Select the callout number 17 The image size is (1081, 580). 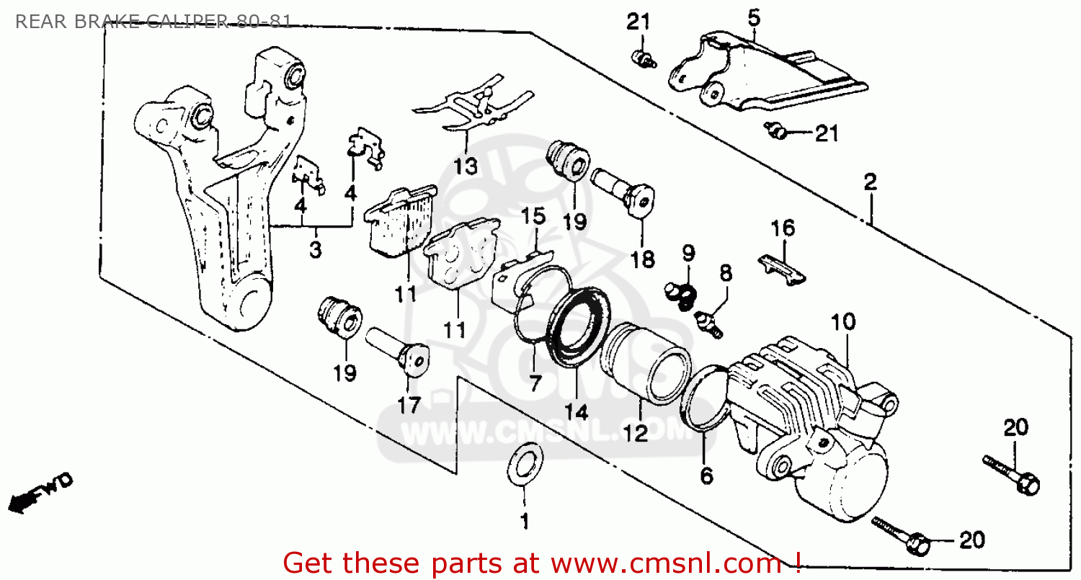[x=409, y=406]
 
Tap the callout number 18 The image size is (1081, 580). [x=644, y=259]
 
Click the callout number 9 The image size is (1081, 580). [x=688, y=253]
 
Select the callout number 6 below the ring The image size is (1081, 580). [x=706, y=476]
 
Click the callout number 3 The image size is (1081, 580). [x=316, y=250]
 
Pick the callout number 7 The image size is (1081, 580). [x=534, y=383]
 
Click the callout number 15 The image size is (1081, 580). [x=534, y=215]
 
